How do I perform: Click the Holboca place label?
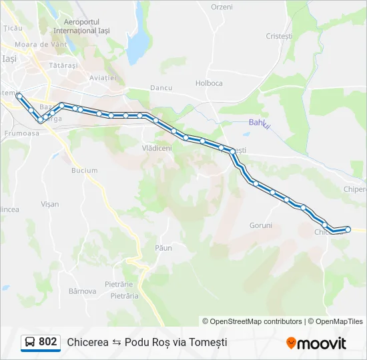pos(209,83)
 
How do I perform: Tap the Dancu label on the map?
pos(161,87)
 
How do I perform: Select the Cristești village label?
pos(279,36)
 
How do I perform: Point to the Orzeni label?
pos(222,7)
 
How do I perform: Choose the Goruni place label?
pos(261,225)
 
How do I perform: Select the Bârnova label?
pos(83,291)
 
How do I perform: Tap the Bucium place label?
pos(84,171)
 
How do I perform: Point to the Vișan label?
pos(50,204)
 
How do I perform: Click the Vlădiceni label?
pos(157,148)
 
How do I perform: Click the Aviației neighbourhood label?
pos(103,78)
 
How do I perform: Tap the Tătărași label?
pos(63,65)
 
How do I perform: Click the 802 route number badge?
pos(47,342)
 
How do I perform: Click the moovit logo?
pos(316,343)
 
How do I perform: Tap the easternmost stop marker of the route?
pos(348,229)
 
